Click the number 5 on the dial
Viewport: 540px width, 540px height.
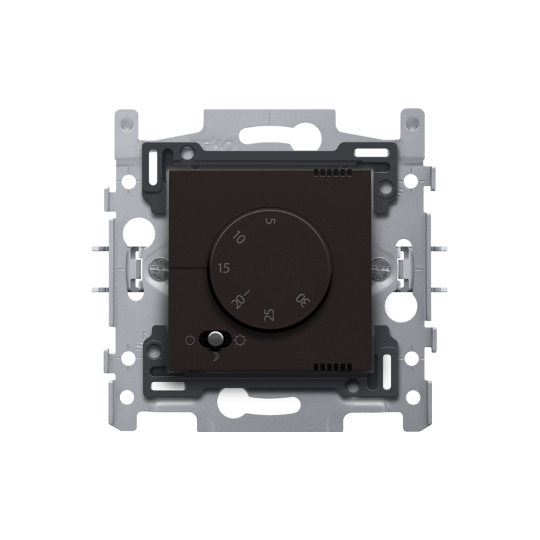click(x=271, y=221)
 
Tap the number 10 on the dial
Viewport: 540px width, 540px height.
click(x=239, y=238)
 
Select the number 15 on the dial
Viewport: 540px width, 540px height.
click(x=224, y=268)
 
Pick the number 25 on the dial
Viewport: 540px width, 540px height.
click(x=269, y=315)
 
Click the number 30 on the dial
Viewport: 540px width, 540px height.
click(x=303, y=300)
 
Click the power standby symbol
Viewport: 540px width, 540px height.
click(x=190, y=341)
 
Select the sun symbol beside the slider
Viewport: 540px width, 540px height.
click(x=240, y=341)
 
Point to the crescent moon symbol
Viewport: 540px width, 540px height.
click(x=215, y=357)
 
